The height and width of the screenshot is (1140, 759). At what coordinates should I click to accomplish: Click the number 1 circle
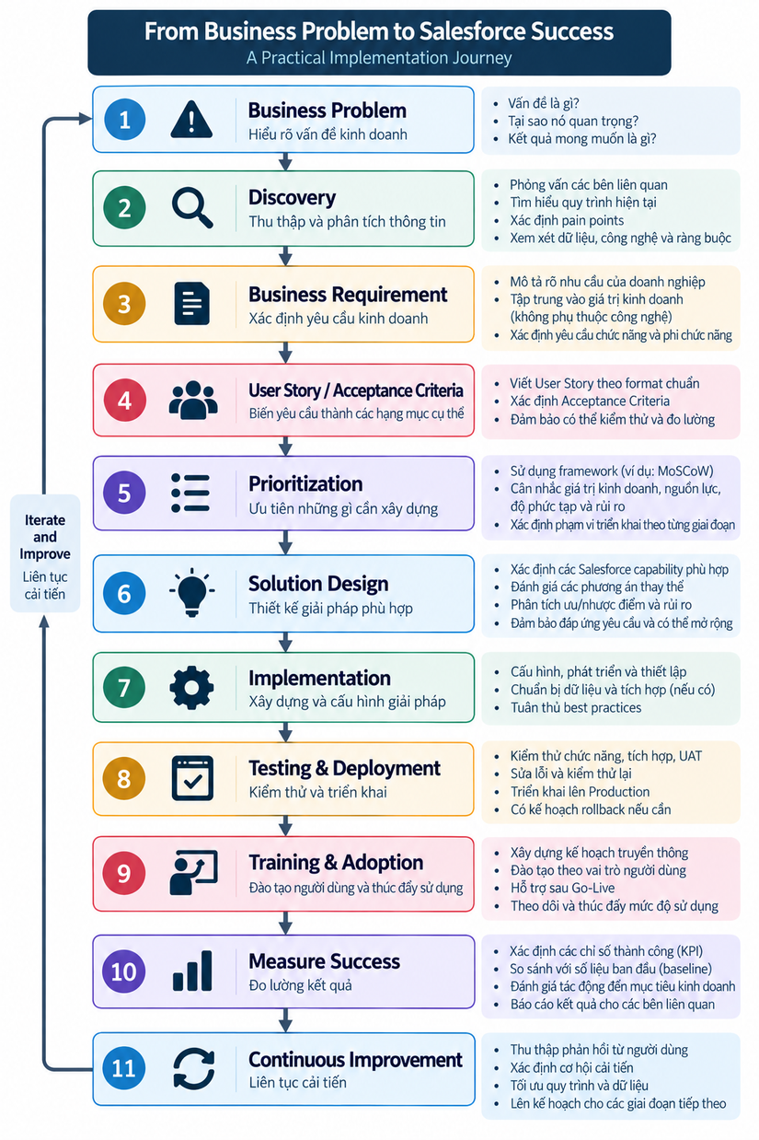coord(124,120)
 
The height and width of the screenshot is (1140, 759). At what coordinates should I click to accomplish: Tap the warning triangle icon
coord(191,120)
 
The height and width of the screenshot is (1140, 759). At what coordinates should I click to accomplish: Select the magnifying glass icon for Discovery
coord(191,207)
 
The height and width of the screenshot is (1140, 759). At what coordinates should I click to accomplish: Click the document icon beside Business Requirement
coord(191,303)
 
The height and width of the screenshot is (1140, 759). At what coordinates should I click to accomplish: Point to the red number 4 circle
coord(124,400)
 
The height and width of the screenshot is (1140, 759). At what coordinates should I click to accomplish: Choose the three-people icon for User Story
coord(193,400)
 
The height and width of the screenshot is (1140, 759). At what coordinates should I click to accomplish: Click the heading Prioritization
coord(305,483)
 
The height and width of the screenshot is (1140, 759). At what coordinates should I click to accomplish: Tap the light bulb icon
coord(191,592)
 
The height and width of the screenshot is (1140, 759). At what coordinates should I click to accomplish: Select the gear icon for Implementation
coord(191,688)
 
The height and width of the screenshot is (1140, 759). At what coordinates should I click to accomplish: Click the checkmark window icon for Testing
coord(192,778)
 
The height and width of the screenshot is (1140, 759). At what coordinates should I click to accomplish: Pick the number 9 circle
coord(124,873)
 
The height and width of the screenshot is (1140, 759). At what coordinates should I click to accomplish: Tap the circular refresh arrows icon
coord(194,1068)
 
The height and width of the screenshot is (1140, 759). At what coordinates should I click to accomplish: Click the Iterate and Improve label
coord(45,537)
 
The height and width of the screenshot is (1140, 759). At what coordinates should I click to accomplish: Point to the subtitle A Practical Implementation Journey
coord(379,58)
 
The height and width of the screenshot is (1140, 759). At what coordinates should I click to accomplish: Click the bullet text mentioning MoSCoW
coord(612,471)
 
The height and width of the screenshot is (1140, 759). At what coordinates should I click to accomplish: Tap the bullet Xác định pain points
coord(567,220)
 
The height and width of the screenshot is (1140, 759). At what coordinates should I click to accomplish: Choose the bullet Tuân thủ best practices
coord(576,707)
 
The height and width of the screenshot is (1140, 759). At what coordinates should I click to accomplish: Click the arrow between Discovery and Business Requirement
coord(286,256)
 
